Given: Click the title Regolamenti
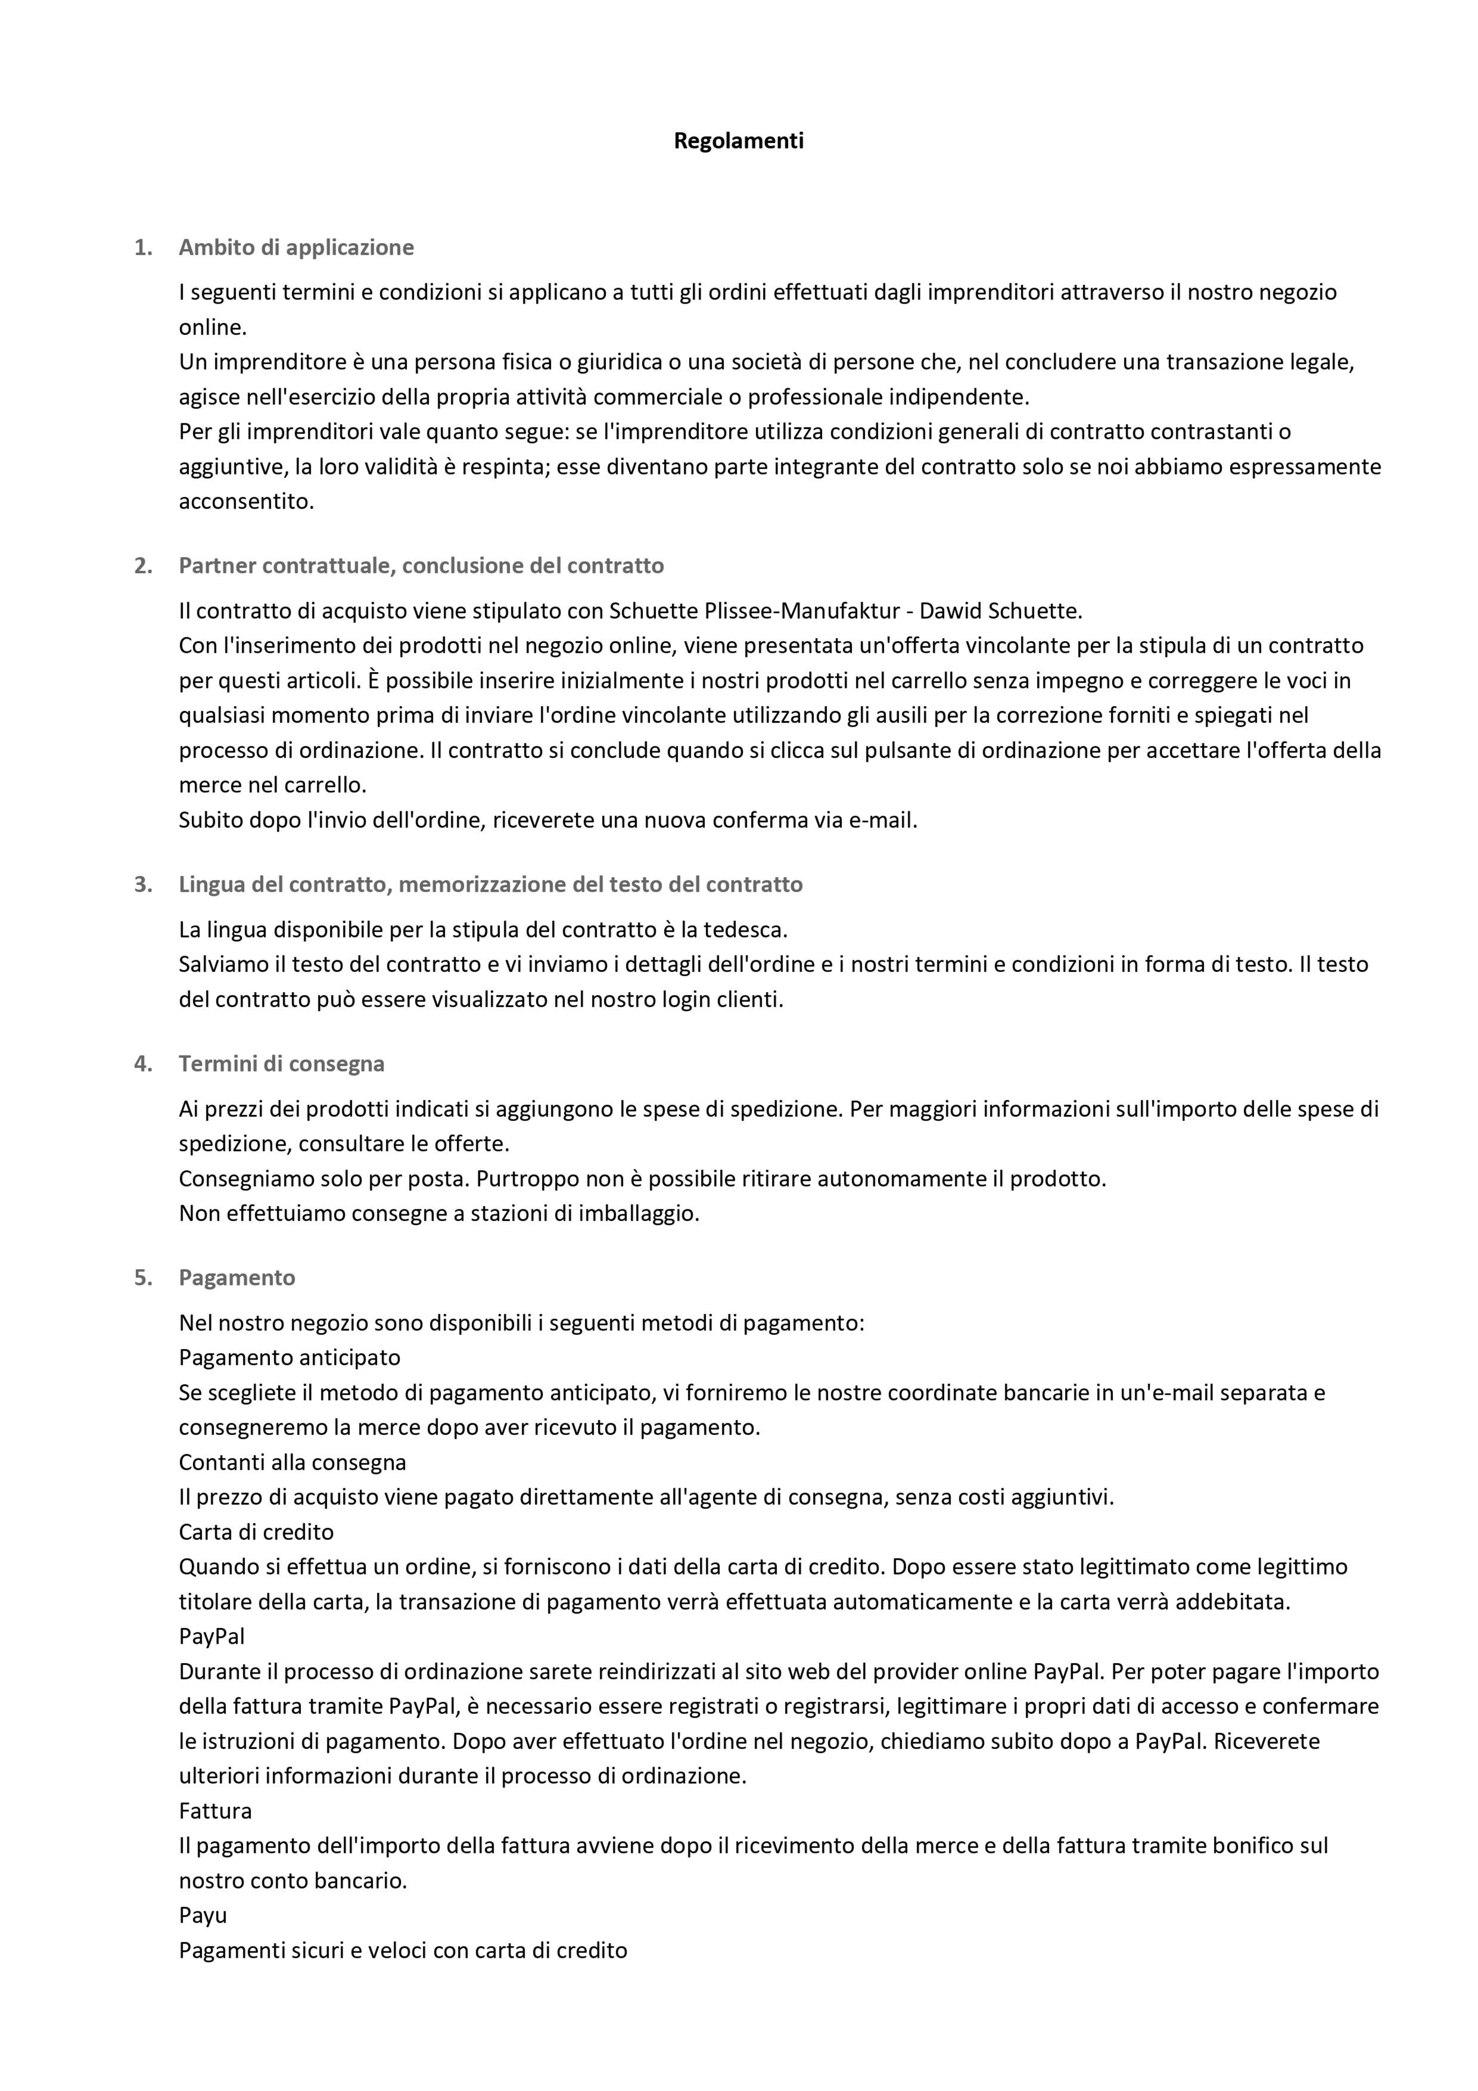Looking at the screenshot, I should click(x=738, y=141).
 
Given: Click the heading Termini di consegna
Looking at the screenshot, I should click(x=282, y=1064).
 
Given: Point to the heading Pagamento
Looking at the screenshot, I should click(x=237, y=1278).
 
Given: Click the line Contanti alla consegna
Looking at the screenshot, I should click(x=293, y=1462).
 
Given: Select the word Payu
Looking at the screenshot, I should click(x=202, y=1915).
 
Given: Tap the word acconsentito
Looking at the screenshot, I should click(x=246, y=502).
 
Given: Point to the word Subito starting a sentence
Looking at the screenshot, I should click(x=211, y=821).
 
